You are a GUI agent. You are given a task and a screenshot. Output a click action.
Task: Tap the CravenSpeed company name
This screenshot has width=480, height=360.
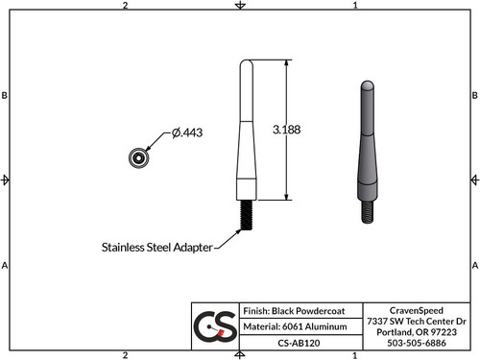pos(416,309)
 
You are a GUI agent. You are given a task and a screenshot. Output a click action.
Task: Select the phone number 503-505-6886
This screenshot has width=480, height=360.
pos(416,342)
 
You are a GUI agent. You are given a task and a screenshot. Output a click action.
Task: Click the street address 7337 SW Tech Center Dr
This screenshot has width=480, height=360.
pos(416,320)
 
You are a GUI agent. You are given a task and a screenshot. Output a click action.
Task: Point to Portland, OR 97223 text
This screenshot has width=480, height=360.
pos(416,331)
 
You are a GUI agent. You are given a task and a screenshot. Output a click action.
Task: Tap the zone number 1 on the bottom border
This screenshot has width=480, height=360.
pos(355,354)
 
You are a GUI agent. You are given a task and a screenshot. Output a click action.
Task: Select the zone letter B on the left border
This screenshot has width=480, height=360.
pos(6,96)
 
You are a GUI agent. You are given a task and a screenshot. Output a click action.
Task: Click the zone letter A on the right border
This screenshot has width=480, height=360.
pos(474,265)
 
